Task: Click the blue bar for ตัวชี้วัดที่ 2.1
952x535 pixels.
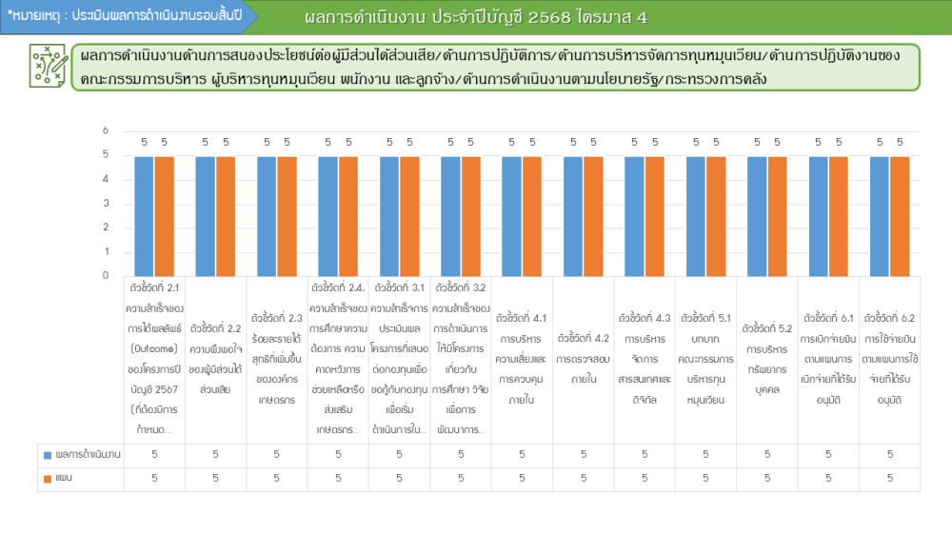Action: tap(144, 216)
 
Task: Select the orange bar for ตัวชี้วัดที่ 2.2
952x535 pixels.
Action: tap(226, 216)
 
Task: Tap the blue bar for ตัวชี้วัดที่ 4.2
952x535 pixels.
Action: tap(573, 216)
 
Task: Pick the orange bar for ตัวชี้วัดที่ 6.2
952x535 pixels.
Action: tap(900, 216)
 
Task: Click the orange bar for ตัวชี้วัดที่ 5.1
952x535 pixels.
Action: tap(716, 216)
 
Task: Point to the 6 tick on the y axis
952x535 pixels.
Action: tap(106, 131)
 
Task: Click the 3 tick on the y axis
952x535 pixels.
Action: tap(106, 204)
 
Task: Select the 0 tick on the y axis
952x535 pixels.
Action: tap(106, 276)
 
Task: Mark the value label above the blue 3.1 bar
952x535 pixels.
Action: tap(389, 143)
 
